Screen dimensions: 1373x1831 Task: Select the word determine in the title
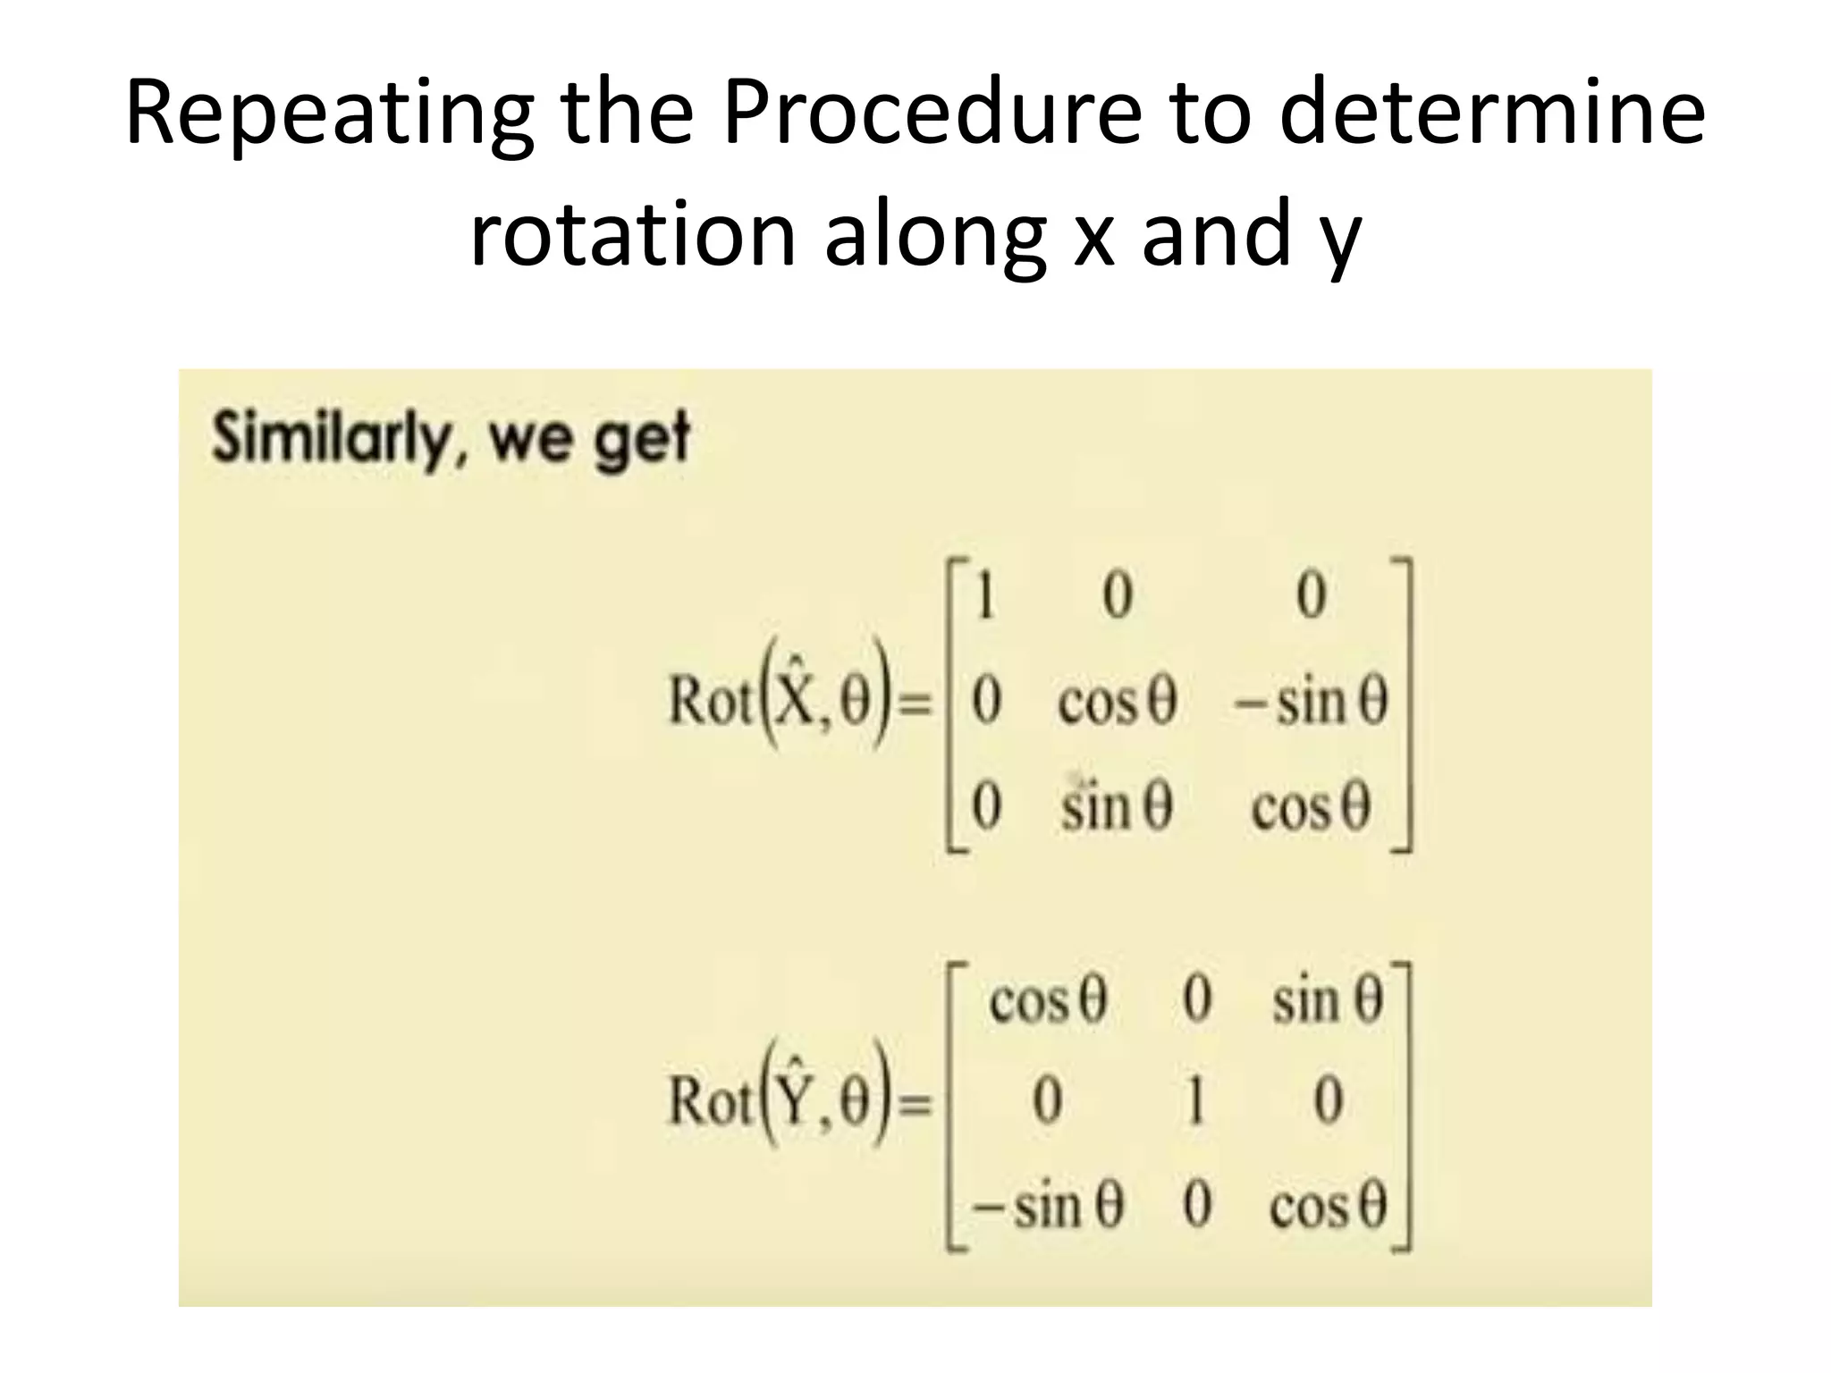point(1491,114)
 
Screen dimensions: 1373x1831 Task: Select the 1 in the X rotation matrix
point(985,597)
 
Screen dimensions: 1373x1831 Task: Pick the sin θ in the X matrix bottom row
point(1116,807)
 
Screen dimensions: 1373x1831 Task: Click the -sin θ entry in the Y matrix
point(1048,1207)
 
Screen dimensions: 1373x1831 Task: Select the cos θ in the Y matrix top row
point(1048,1000)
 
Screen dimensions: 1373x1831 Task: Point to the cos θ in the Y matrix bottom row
point(1328,1208)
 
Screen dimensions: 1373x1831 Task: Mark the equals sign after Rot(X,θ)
point(913,705)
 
